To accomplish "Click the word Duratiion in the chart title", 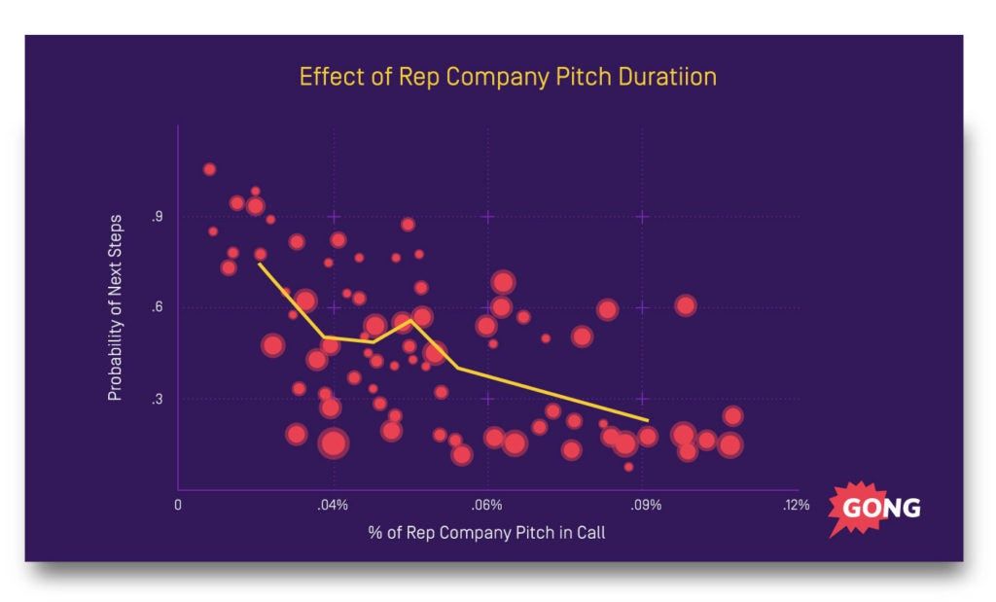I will pos(666,77).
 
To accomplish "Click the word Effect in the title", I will pos(323,77).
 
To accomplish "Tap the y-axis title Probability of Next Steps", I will pos(115,308).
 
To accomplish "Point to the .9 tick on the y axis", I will pos(157,217).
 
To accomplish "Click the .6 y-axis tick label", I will pos(157,308).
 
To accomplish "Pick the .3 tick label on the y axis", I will pos(157,399).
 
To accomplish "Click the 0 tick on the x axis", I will pos(178,505).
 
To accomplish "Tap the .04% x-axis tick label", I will pos(333,505).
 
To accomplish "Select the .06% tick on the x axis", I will pos(486,505).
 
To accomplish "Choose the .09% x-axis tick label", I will pos(642,505).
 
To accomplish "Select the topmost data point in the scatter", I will pos(209,169).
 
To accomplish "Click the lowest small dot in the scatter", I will pos(628,467).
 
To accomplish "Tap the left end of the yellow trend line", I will pos(259,264).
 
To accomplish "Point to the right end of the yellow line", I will pos(648,421).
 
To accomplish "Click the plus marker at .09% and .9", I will pos(642,217).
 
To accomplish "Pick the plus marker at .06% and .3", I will pos(487,399).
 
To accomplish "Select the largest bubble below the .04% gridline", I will pos(334,443).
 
